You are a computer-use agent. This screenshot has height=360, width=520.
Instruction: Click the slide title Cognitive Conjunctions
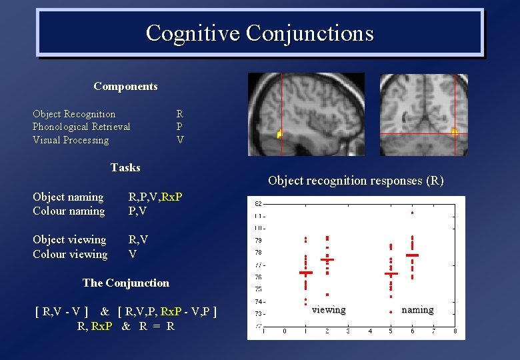259,33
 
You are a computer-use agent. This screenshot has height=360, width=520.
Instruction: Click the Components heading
125,87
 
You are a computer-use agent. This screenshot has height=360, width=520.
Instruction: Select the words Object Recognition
74,114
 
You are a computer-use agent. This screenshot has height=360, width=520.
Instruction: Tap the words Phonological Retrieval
81,127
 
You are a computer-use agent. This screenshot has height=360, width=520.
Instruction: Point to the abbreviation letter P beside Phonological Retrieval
179,127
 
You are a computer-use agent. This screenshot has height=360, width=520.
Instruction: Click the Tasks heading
125,167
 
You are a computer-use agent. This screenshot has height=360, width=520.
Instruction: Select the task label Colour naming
69,211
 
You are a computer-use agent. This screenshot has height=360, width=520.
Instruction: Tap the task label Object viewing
69,240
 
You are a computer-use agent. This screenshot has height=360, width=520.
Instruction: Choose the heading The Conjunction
125,283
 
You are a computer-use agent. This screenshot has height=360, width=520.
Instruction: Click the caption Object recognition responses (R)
355,180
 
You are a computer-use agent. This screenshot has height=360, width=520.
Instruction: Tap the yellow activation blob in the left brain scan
280,134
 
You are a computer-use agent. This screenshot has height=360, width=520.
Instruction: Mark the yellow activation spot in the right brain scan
455,132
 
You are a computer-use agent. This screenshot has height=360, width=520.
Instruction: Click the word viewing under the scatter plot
329,309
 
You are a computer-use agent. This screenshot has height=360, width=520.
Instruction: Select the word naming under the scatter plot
417,309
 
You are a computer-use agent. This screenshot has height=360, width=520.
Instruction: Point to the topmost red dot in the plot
412,213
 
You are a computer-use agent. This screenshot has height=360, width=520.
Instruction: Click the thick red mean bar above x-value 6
412,255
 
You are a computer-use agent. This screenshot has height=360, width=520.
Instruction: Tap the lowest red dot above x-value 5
391,311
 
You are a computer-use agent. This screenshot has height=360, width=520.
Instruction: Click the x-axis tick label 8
455,331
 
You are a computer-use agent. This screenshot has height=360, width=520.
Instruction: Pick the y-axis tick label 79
258,240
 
